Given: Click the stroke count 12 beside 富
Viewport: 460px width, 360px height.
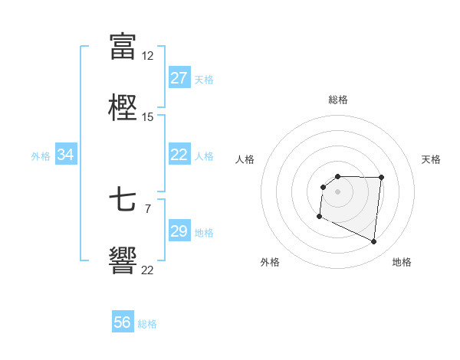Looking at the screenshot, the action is click(x=148, y=56).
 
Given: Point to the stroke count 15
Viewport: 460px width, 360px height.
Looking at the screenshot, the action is click(x=148, y=117).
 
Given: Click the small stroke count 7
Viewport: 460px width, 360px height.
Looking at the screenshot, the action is click(x=148, y=208).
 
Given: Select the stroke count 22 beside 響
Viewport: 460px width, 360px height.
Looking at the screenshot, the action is click(x=148, y=269).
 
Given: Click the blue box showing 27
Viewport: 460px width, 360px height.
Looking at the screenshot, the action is click(x=179, y=78).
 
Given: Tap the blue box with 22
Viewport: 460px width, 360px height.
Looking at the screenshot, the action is click(x=179, y=155).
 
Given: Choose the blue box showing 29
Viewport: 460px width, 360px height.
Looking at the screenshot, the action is click(x=179, y=231).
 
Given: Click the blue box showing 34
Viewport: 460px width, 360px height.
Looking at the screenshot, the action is click(x=66, y=155).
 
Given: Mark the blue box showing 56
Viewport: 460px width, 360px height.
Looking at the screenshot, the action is click(x=123, y=322).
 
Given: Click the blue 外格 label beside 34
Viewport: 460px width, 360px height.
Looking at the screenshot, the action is click(x=41, y=156).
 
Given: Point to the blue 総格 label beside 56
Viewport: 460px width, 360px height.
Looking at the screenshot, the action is click(x=147, y=324).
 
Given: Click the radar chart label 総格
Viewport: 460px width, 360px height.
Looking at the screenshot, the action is click(x=338, y=100).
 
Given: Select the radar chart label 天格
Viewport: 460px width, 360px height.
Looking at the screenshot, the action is click(x=432, y=159).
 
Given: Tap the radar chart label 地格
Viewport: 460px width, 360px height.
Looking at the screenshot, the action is click(x=402, y=262).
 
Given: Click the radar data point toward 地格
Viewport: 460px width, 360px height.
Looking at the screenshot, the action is click(x=374, y=242).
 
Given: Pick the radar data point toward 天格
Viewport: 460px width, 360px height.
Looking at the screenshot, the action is click(x=381, y=178).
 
